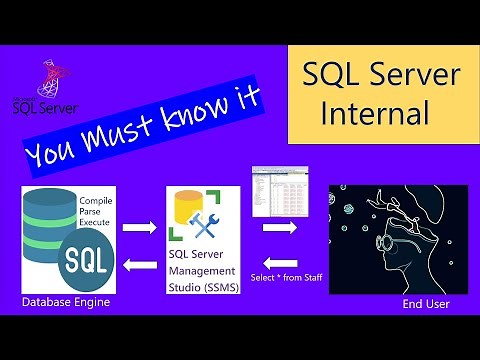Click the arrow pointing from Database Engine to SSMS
(x=137, y=228)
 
